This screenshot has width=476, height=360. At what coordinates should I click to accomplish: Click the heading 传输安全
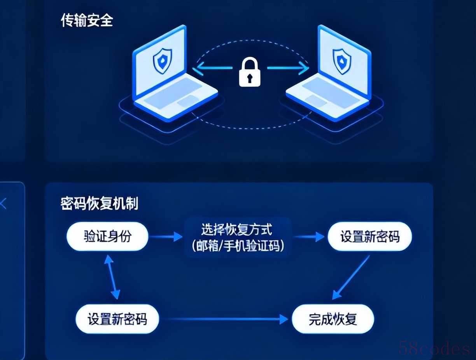click(x=87, y=20)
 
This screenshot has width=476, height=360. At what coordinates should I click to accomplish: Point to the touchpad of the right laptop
click(x=315, y=101)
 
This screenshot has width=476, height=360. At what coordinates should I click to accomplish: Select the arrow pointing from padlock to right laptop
click(x=288, y=68)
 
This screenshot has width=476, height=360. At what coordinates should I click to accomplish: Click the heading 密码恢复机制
click(x=99, y=203)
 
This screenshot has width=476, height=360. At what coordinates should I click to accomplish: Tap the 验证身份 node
click(x=108, y=236)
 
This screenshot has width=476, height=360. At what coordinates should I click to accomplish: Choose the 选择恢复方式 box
click(x=237, y=229)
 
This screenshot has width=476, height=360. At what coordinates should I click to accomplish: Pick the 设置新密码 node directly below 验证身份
click(x=117, y=319)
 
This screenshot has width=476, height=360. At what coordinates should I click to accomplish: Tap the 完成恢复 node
click(x=333, y=319)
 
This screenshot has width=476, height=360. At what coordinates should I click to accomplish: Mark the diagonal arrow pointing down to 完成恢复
click(x=351, y=277)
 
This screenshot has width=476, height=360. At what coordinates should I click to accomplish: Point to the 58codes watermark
click(x=434, y=349)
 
